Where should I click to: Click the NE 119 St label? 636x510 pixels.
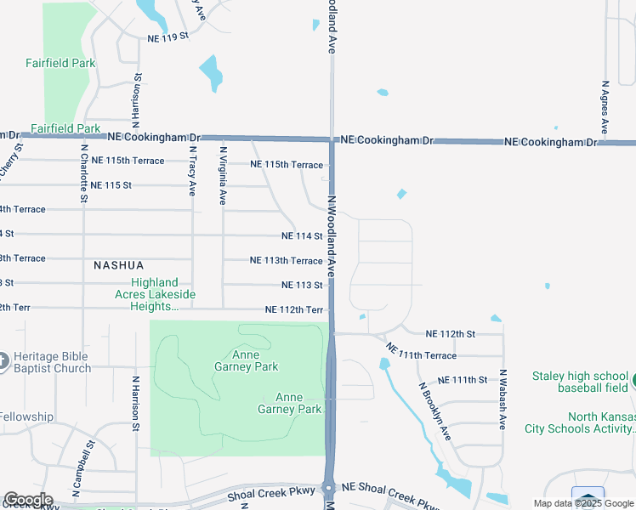(x=168, y=38)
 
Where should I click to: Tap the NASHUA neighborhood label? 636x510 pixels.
(x=118, y=265)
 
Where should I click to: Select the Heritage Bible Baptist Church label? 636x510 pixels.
(x=53, y=362)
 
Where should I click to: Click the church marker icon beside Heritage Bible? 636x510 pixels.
(x=3, y=362)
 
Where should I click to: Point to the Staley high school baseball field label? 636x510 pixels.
(x=580, y=382)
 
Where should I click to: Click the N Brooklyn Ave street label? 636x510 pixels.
(x=434, y=411)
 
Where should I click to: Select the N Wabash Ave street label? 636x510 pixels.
(x=503, y=399)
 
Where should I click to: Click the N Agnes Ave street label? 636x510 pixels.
(x=605, y=107)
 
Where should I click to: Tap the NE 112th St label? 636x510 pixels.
(x=451, y=333)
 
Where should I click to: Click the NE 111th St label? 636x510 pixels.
(x=463, y=380)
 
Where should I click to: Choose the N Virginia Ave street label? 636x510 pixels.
(x=223, y=177)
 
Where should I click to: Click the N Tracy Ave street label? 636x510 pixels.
(x=192, y=173)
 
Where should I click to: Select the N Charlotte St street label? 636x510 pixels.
(x=84, y=173)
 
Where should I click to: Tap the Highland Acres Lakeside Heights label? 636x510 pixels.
(x=155, y=294)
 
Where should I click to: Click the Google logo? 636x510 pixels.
(x=28, y=500)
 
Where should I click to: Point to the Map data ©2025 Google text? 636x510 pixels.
(x=582, y=503)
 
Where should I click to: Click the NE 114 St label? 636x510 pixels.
(x=302, y=235)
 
